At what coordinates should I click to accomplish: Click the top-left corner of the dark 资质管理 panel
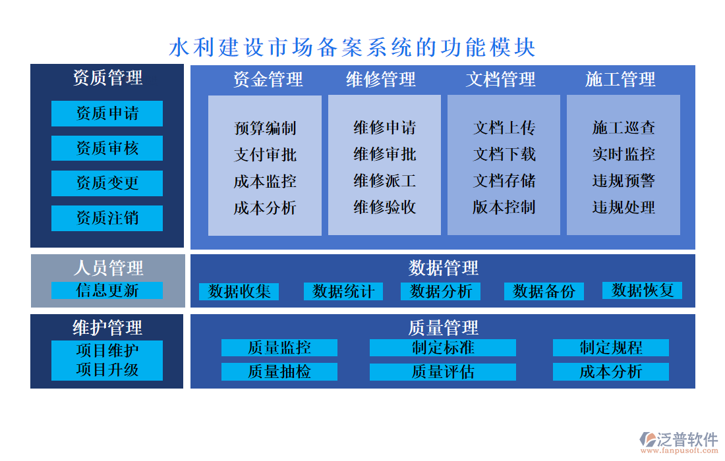pyautogui.click(x=30, y=64)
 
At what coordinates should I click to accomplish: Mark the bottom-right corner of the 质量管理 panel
pyautogui.click(x=695, y=388)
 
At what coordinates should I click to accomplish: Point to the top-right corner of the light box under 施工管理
pyautogui.click(x=680, y=95)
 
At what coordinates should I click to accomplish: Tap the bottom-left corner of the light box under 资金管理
pyautogui.click(x=208, y=235)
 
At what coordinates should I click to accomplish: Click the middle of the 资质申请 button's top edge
pyautogui.click(x=107, y=101)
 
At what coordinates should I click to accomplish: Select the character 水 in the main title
pyautogui.click(x=179, y=47)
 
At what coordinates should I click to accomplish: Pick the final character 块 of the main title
pyautogui.click(x=525, y=47)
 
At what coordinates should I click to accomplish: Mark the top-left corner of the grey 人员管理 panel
pyautogui.click(x=31, y=254)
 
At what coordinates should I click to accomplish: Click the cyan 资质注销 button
pyautogui.click(x=107, y=218)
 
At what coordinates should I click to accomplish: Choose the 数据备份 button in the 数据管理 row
pyautogui.click(x=544, y=292)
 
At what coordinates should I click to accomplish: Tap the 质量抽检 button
pyautogui.click(x=279, y=372)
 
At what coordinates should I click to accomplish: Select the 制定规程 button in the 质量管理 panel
pyautogui.click(x=611, y=348)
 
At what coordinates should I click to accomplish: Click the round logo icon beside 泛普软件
pyautogui.click(x=648, y=439)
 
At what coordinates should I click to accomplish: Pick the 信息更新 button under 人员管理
pyautogui.click(x=107, y=290)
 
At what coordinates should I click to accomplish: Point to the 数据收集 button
pyautogui.click(x=239, y=292)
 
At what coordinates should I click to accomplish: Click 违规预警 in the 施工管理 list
pyautogui.click(x=623, y=180)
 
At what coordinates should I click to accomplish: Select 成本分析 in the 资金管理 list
pyautogui.click(x=265, y=208)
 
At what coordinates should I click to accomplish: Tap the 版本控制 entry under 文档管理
pyautogui.click(x=504, y=207)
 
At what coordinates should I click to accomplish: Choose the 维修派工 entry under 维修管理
pyautogui.click(x=385, y=180)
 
